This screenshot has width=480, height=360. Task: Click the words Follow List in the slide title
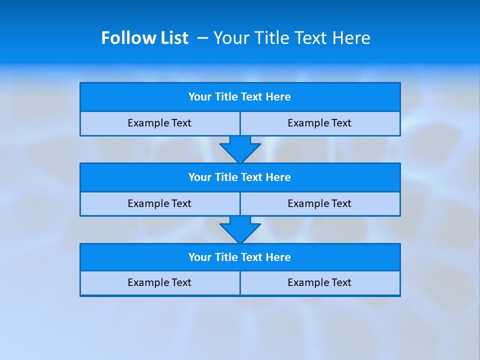(x=144, y=38)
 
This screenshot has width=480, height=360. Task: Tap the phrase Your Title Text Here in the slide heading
(x=291, y=38)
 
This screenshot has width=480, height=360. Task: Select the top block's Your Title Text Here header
(x=239, y=97)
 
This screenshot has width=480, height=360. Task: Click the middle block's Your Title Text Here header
(x=239, y=177)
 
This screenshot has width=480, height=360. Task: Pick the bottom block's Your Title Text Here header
(x=239, y=257)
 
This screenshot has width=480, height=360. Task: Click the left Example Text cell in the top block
(x=159, y=123)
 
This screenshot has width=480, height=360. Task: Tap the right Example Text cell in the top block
(x=319, y=123)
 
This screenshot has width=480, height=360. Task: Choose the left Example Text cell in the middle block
(x=159, y=203)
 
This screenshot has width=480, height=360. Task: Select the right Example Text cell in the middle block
(x=319, y=203)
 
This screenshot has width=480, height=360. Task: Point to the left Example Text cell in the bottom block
(x=159, y=282)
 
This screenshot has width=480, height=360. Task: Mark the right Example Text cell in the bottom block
(x=319, y=282)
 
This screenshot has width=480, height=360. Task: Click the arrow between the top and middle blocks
(x=240, y=149)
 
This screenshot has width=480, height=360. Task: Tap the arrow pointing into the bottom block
(x=240, y=229)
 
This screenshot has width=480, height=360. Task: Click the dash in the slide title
(x=202, y=38)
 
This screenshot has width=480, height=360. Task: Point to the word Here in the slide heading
(x=352, y=38)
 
